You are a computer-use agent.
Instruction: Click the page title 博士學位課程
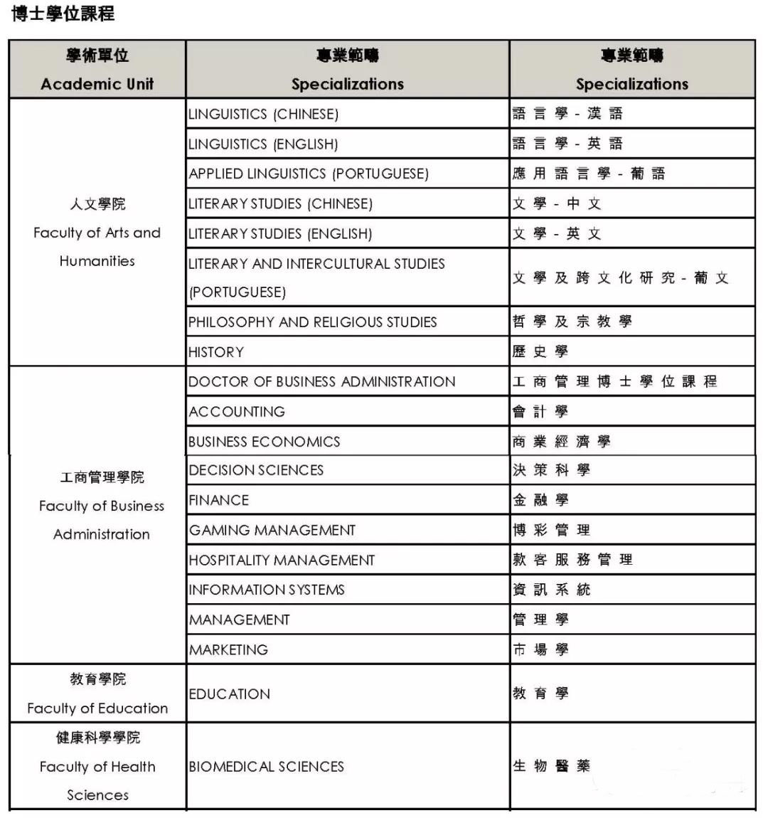point(63,14)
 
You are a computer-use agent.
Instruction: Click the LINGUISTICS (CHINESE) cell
point(263,114)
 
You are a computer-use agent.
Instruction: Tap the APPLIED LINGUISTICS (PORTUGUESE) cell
point(309,174)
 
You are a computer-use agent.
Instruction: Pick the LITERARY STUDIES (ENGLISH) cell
point(280,233)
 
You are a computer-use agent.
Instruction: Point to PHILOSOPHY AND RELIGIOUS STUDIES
point(312,322)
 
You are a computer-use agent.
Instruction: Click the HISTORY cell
point(216,352)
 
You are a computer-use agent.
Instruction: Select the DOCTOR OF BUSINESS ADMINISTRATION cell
point(321,382)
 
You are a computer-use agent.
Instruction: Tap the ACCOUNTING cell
point(237,412)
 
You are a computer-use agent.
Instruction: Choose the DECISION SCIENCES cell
point(256,470)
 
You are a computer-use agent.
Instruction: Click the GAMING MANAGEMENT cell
point(272,530)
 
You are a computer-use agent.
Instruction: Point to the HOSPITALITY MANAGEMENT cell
point(282,561)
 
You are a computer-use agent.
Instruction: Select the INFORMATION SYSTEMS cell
point(267,590)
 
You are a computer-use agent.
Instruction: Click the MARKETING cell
point(228,649)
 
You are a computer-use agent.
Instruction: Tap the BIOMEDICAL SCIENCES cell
point(266,767)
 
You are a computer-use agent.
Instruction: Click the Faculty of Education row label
point(97,708)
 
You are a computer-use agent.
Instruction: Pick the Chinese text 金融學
point(540,500)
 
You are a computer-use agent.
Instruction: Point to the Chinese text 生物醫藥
point(551,766)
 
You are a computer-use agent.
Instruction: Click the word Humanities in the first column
point(97,261)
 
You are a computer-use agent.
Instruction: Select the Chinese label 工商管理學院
point(102,477)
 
